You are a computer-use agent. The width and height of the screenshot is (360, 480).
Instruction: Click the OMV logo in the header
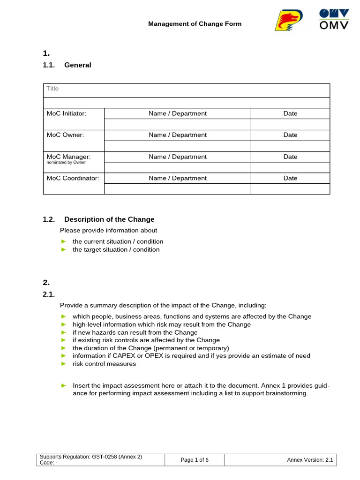[334, 20]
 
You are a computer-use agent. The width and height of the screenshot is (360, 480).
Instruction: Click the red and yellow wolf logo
[289, 21]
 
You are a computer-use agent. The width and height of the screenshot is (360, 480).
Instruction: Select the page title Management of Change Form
[195, 23]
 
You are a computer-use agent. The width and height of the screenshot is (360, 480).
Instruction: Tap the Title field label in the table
[52, 89]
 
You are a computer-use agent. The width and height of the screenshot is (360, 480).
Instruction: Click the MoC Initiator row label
[67, 113]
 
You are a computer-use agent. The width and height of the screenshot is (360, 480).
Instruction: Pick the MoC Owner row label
[65, 135]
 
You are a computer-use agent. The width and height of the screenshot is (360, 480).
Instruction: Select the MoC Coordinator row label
[73, 178]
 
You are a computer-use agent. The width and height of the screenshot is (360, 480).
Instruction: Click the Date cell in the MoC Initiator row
[290, 113]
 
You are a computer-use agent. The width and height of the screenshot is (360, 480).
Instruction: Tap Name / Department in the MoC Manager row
[177, 157]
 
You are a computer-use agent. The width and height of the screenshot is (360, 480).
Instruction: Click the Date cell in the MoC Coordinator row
[290, 178]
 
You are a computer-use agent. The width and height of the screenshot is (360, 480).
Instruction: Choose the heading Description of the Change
[109, 219]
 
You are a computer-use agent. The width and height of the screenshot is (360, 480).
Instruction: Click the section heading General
[78, 65]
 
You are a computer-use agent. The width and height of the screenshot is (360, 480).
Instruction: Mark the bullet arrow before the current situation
[64, 241]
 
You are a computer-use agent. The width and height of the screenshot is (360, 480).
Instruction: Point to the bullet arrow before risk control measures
[64, 364]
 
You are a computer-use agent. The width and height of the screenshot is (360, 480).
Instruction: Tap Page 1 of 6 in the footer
[195, 460]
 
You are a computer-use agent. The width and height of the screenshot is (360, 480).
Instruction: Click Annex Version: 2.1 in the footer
[309, 460]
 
